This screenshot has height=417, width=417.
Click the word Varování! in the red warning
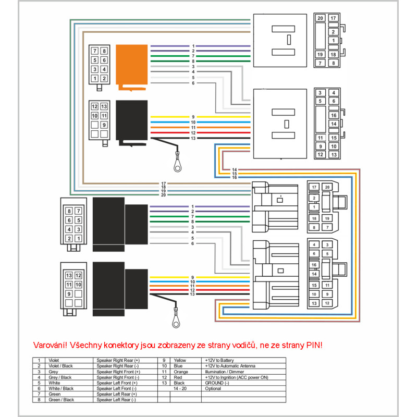[50, 345]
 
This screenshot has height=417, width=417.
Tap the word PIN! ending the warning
[312, 345]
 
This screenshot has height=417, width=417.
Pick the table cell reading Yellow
[180, 360]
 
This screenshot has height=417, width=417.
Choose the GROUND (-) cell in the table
[217, 383]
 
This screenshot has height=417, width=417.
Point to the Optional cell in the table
[214, 389]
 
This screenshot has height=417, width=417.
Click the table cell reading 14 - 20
[180, 389]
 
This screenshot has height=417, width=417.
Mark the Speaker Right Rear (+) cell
[117, 360]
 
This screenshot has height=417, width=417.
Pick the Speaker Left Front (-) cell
[116, 389]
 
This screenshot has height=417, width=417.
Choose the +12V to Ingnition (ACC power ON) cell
[237, 377]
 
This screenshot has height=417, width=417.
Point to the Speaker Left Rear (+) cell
[116, 395]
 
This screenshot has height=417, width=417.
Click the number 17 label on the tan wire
[163, 183]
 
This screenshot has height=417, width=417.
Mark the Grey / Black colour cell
[59, 377]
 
